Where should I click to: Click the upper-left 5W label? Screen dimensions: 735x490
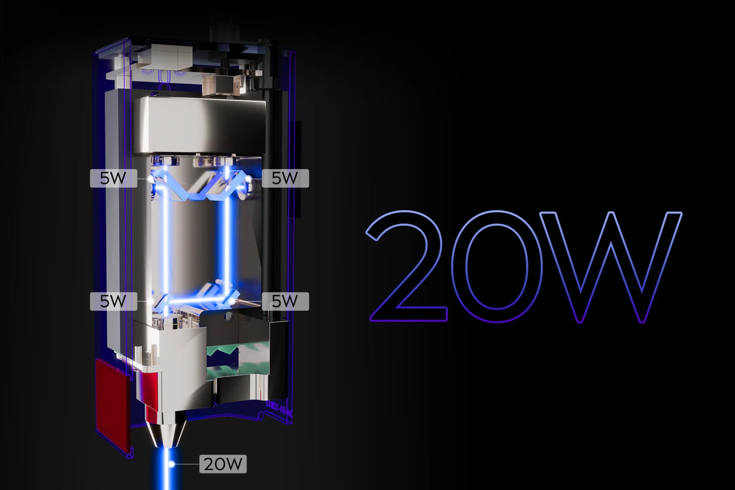point(114,178)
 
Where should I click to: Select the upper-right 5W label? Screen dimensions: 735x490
point(285,178)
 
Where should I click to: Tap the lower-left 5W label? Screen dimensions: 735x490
point(114,301)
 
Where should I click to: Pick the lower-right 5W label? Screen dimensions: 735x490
point(285,301)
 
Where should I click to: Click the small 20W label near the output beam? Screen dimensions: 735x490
point(223,464)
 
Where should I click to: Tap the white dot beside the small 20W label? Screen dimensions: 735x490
point(172,464)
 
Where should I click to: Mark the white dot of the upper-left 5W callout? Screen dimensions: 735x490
point(151,179)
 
